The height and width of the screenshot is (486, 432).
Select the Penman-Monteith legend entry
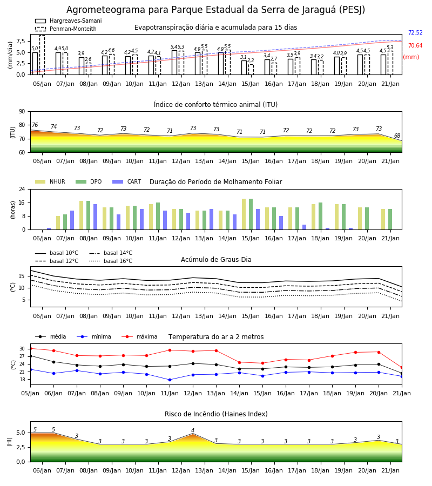tap(66, 29)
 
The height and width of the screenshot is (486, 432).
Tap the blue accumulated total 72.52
tap(415, 32)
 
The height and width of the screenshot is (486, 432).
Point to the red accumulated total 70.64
tap(415, 45)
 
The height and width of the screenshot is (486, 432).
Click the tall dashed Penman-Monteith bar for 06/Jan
tap(42, 55)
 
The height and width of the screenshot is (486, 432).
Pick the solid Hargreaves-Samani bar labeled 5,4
tap(174, 63)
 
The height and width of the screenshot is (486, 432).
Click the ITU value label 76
tap(35, 125)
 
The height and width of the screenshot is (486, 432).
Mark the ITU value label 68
tap(397, 136)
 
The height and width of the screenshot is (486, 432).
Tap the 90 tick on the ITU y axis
tap(22, 112)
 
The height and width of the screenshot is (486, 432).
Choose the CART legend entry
tap(127, 181)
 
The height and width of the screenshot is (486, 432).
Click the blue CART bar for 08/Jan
tap(96, 217)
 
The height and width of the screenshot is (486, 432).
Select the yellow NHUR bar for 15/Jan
tap(244, 214)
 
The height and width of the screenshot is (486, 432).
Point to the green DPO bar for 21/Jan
tap(390, 219)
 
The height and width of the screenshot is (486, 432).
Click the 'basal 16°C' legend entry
tap(111, 261)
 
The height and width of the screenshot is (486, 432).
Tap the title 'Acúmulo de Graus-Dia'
tap(216, 260)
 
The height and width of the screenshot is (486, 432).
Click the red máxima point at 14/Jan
tap(240, 362)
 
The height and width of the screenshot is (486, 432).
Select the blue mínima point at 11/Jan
tap(170, 380)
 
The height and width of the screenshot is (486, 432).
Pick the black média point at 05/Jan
tap(31, 356)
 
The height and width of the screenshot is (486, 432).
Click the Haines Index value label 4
tap(193, 430)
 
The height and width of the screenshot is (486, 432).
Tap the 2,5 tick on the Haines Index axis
tap(21, 447)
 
